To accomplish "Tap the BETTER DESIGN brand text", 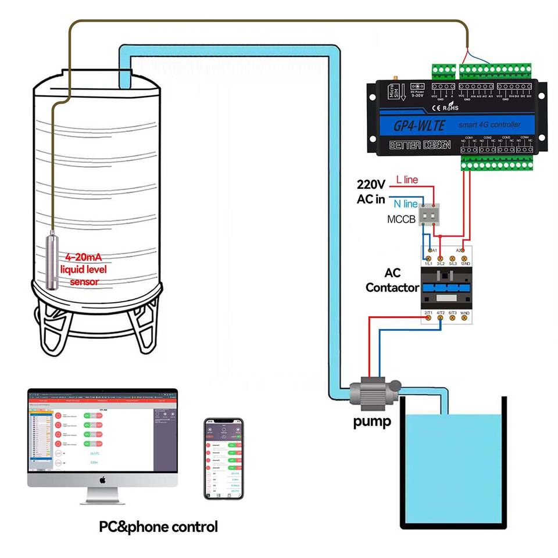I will coord(413,145).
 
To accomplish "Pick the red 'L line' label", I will coord(407,180).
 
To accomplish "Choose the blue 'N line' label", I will coord(405,204).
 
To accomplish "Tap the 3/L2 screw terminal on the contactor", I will coord(440,257).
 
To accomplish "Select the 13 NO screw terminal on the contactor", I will coord(463,257).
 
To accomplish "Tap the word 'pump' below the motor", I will coord(372,421).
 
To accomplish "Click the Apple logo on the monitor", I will coord(102,480).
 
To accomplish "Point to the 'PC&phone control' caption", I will coord(158,527).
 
